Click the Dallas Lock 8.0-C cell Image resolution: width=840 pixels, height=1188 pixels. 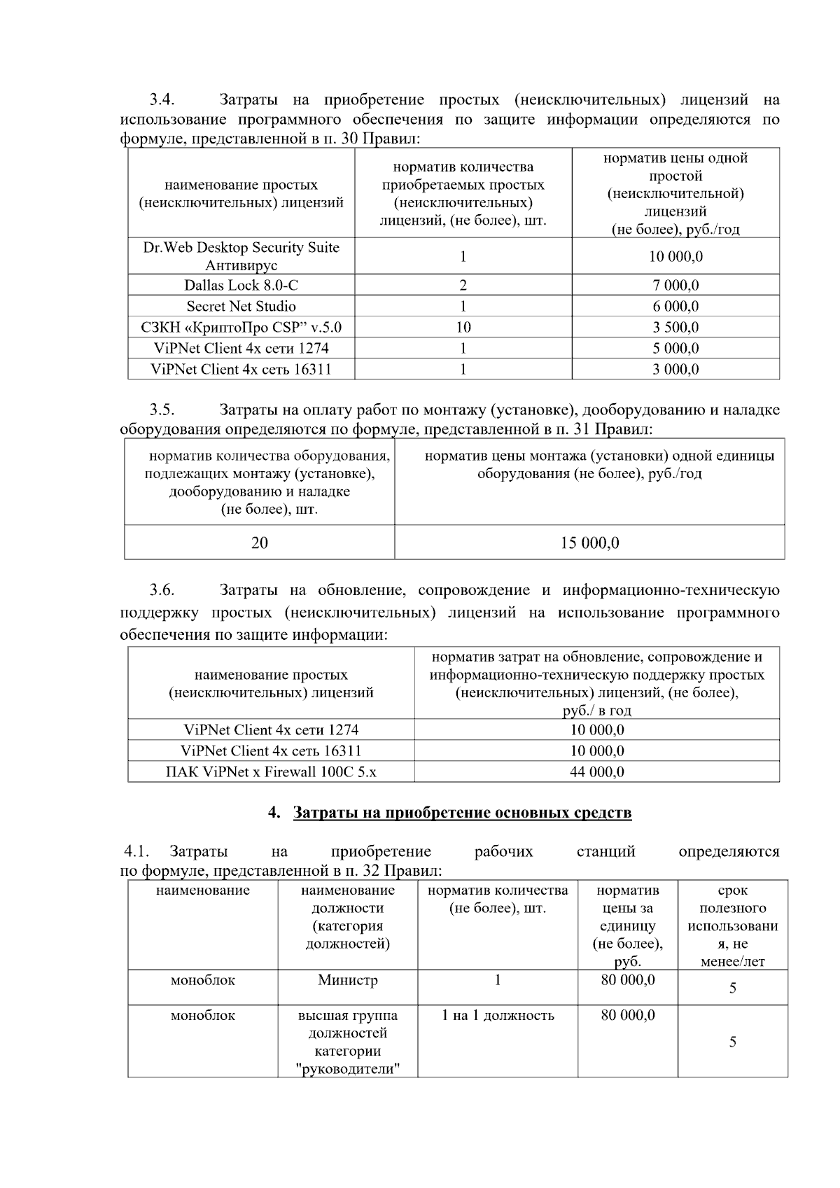coord(241,285)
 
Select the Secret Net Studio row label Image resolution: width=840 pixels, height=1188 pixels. coord(241,306)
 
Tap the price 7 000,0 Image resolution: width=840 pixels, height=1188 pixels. coord(675,285)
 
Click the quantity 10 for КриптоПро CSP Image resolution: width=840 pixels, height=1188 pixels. coord(463,327)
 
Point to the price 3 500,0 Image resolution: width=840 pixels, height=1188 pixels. coord(675,327)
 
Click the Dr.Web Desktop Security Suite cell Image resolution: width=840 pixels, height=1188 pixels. coord(241,256)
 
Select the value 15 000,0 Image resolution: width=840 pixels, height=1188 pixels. coord(589,543)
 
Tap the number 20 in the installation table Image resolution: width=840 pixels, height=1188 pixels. coord(260,543)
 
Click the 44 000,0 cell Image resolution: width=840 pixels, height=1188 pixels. coord(596,771)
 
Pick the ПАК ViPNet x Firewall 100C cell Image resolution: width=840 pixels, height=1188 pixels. coord(271,771)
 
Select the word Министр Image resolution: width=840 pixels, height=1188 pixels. coord(347,980)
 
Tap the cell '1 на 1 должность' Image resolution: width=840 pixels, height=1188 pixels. coord(498,1015)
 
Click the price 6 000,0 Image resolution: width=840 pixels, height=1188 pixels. coord(675,306)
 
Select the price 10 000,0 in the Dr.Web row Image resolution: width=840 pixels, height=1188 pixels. coord(675,256)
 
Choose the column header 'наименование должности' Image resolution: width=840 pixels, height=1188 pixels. coord(347,916)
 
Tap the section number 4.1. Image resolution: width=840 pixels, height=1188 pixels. coord(136,851)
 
